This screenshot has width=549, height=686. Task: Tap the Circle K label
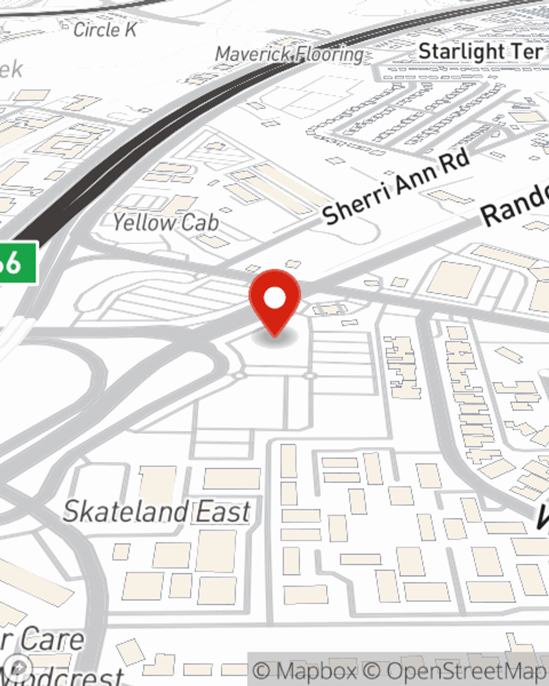tap(105, 30)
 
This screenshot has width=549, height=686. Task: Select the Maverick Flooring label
tap(289, 54)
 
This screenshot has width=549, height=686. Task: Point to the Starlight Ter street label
tap(480, 52)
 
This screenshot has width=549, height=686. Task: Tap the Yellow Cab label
tap(166, 223)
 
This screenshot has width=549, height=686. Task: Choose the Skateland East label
tap(157, 512)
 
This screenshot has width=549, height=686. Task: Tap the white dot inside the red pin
tap(274, 298)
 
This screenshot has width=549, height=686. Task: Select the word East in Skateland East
tap(223, 512)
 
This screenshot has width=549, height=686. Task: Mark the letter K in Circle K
tap(130, 30)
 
